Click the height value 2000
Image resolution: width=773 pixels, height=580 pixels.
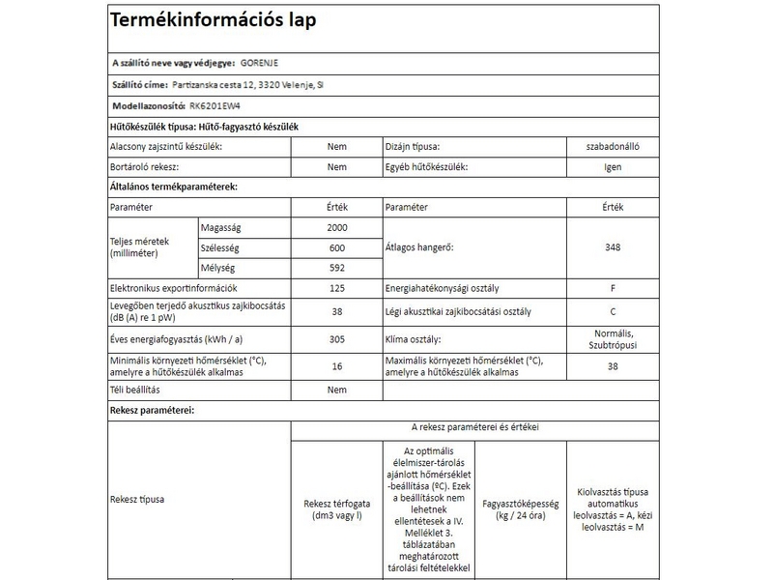click(336, 227)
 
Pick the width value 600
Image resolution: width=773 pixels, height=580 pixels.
click(336, 247)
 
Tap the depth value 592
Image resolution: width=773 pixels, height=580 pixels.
click(336, 268)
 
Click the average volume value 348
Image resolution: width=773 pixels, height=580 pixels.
click(611, 247)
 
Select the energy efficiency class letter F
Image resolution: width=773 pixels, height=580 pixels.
click(611, 289)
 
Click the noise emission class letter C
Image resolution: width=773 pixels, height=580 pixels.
click(611, 312)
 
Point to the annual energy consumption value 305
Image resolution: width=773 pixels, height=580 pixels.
click(336, 339)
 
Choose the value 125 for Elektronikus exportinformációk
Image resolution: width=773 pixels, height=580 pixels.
click(336, 289)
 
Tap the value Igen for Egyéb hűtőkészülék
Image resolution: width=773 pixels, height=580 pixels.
click(611, 166)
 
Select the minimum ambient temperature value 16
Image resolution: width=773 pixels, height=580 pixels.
click(336, 366)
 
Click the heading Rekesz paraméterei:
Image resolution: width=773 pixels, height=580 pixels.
click(153, 410)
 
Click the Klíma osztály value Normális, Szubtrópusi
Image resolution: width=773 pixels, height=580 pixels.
click(611, 338)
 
